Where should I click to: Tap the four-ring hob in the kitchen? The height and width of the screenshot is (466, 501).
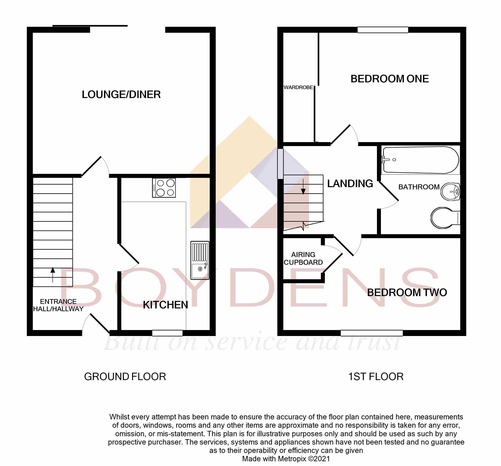click(164, 188)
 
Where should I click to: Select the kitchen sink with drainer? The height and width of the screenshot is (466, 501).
click(200, 260)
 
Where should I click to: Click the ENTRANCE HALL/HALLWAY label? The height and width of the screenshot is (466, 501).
click(58, 305)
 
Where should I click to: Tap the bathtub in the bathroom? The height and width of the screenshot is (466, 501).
click(420, 160)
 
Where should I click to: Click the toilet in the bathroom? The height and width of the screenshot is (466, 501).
click(445, 218)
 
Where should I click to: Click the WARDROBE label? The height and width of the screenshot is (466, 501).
click(298, 87)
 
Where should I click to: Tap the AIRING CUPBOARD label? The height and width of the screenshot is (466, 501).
click(303, 258)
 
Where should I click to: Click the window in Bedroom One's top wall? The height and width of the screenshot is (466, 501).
click(383, 30)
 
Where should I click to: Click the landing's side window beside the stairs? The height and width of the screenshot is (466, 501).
click(280, 164)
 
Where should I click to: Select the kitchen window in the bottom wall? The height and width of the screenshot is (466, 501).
click(167, 333)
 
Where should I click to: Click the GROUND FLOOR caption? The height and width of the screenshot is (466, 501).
click(125, 377)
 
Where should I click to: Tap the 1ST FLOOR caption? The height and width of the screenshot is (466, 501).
click(376, 377)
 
